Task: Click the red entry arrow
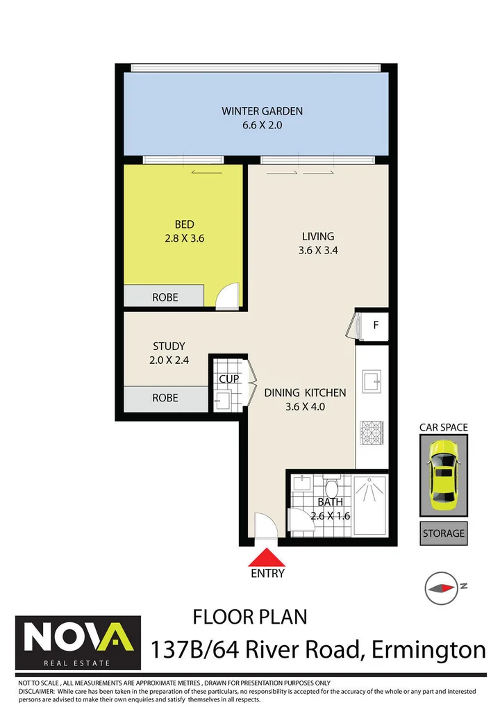coord(267,558)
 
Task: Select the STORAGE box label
coord(443,533)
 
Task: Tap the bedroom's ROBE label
coord(165,297)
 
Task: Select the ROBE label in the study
coord(165,398)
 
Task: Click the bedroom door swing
coord(227,297)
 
